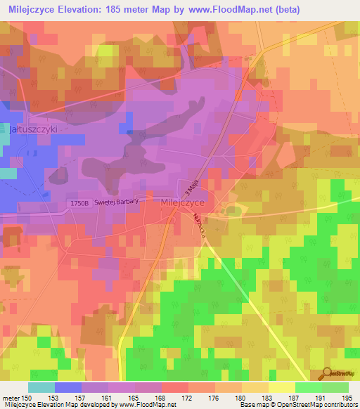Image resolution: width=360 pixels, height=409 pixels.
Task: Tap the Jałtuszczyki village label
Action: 33,130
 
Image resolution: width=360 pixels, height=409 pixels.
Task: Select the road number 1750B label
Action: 81,203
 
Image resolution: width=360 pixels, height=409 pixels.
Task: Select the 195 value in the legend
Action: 348,398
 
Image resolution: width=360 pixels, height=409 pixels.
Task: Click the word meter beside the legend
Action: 10,398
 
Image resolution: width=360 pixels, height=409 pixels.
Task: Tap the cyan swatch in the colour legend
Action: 41,387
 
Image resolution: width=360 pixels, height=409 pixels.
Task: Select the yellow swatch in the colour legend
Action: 281,387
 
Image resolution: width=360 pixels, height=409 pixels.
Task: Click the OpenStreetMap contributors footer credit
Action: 323,405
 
